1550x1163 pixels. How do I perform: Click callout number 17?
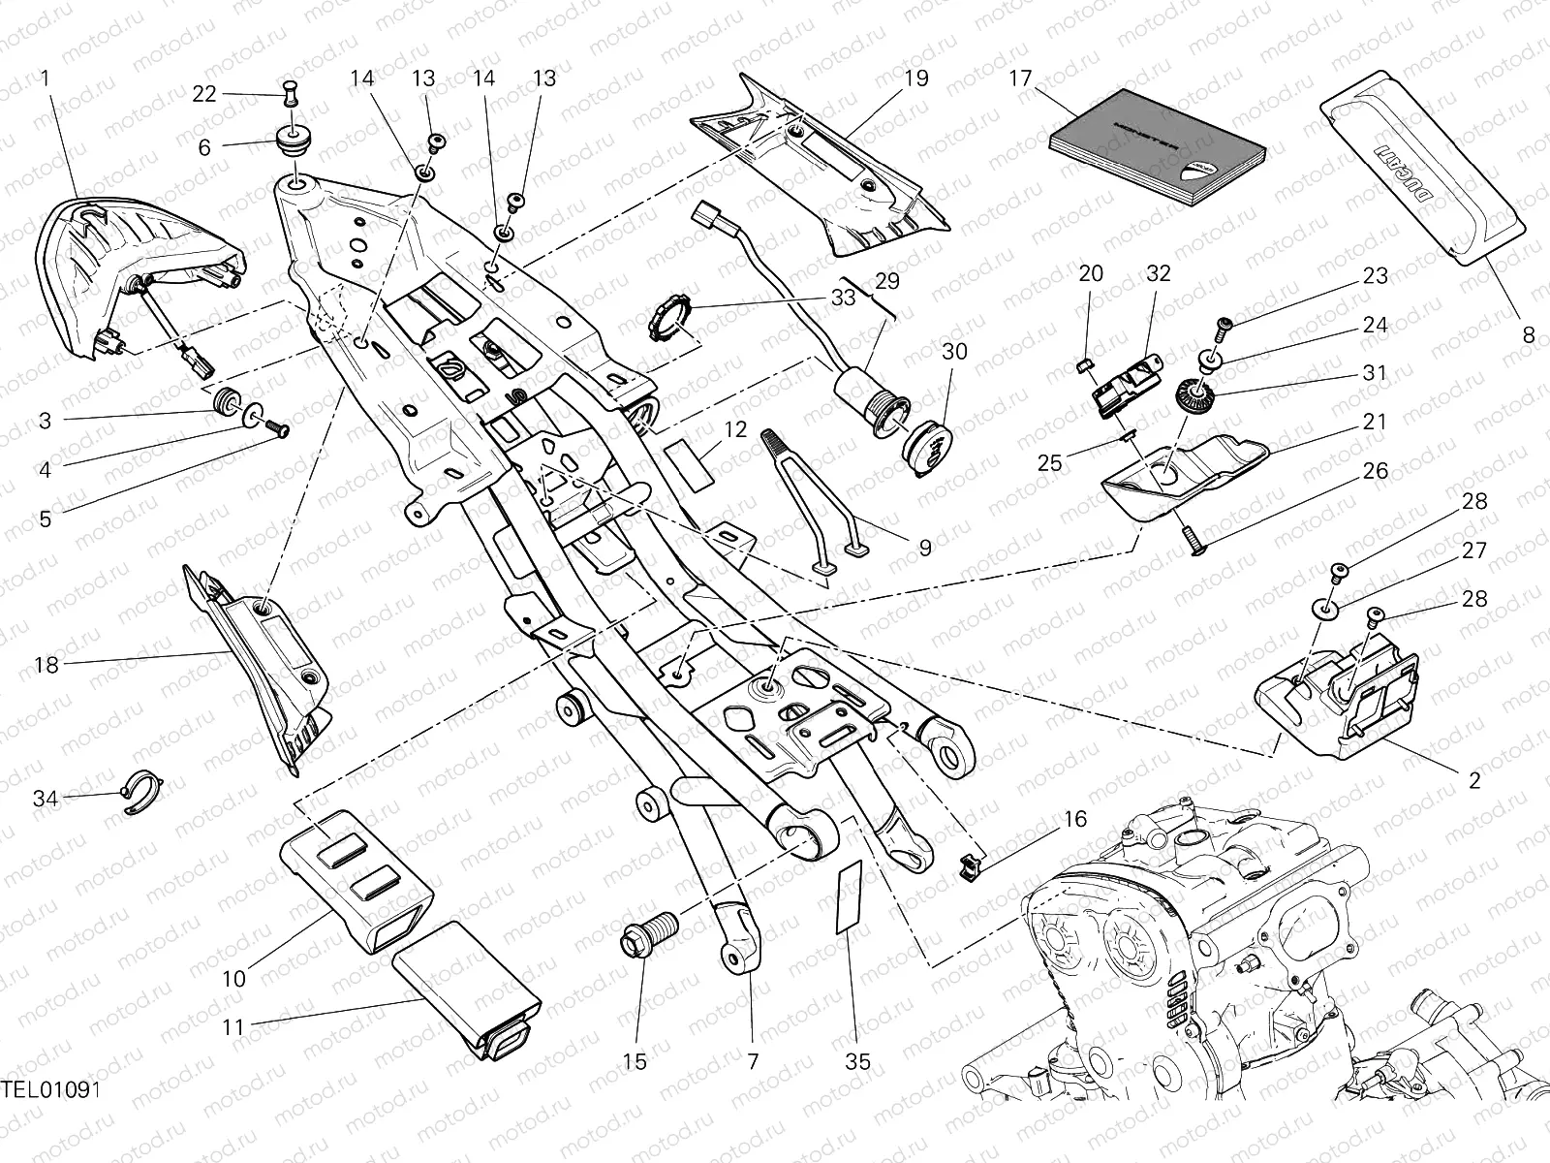tap(1020, 78)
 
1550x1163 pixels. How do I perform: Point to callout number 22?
tap(203, 93)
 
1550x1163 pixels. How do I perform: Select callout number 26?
tap(1375, 472)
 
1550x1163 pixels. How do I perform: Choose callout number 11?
tap(233, 1026)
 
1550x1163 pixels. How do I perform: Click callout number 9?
tap(923, 549)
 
